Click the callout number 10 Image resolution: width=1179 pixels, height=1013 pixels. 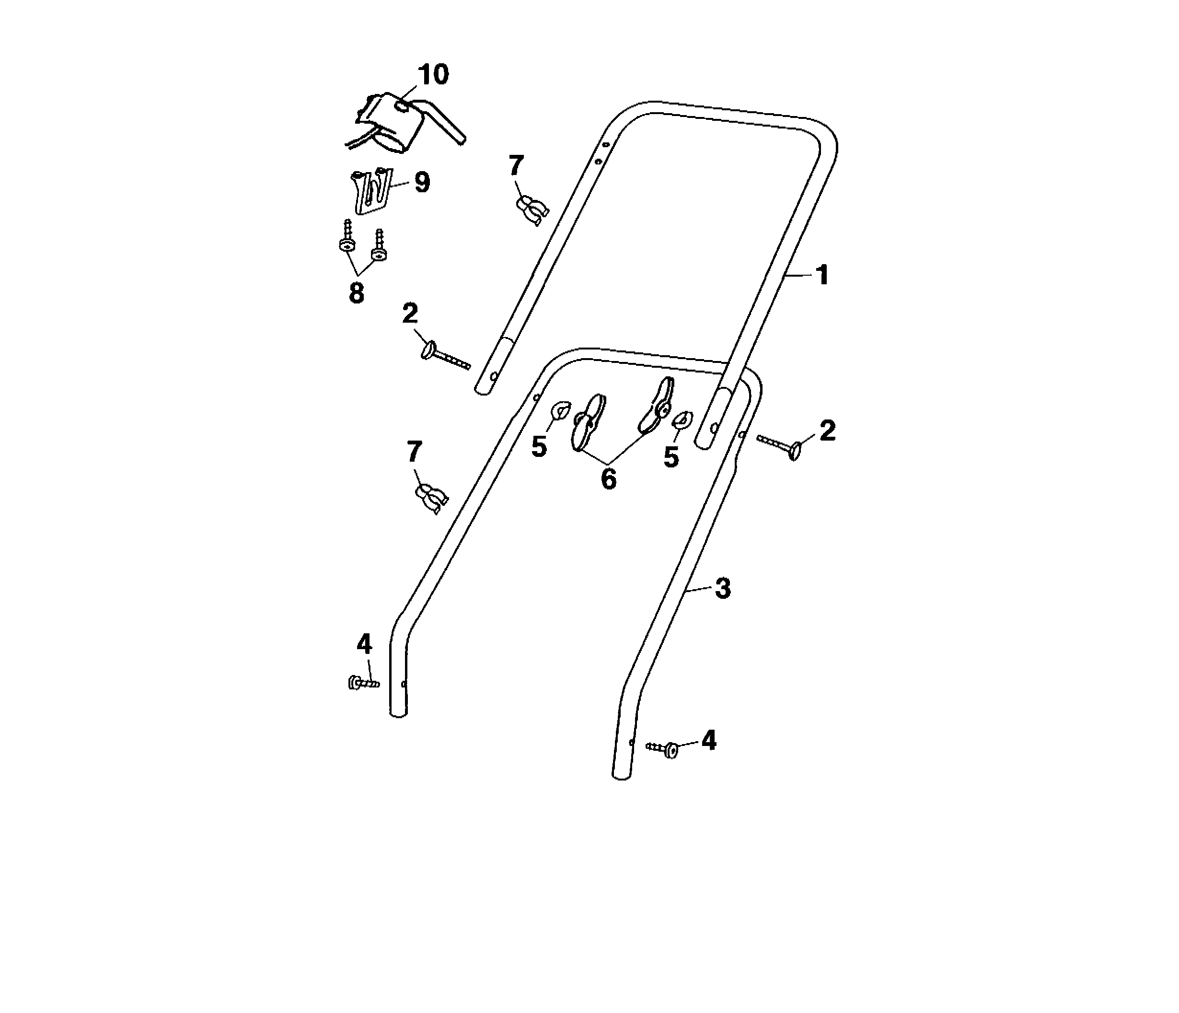click(434, 75)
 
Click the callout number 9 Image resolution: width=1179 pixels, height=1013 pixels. click(422, 183)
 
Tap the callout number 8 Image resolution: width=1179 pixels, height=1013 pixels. click(356, 294)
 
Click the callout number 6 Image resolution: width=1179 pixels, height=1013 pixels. click(608, 479)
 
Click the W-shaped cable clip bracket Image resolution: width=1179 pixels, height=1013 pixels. click(370, 191)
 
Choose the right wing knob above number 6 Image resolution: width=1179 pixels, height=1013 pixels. click(657, 405)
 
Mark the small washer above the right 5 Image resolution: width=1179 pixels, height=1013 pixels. click(683, 419)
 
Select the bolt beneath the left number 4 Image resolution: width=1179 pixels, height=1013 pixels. click(363, 682)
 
